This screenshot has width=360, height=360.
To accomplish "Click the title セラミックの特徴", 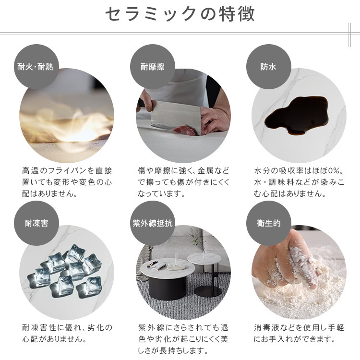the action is point(180,14).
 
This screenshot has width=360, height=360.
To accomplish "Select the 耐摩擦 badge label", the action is point(153,67).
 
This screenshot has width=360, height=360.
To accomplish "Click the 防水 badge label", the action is point(268,67).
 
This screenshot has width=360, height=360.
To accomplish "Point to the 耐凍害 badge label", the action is point(36,223).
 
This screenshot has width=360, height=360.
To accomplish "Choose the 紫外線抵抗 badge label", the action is point(153,223).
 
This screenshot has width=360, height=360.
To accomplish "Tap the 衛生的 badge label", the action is point(269,223).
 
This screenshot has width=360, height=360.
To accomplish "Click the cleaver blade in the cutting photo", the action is point(176,116).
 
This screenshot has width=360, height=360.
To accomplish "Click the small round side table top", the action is point(204,258).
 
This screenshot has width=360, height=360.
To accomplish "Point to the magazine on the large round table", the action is point(157,264).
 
